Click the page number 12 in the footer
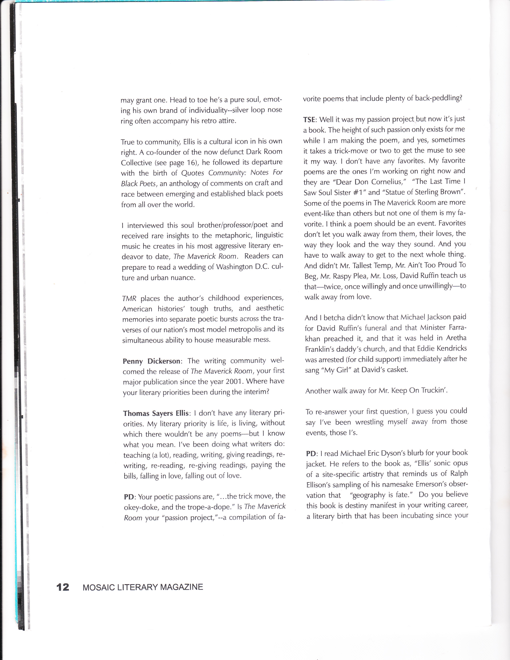(x=63, y=587)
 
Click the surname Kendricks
(x=449, y=349)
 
